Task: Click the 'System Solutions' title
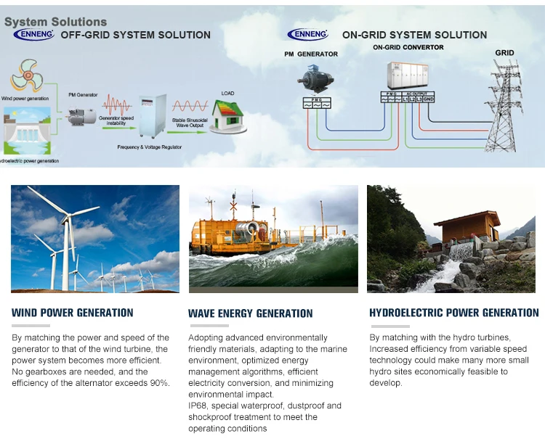[x=55, y=22]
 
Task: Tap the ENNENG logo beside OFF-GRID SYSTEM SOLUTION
[x=33, y=35]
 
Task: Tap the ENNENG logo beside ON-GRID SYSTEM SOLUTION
[x=307, y=34]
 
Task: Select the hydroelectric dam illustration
[x=27, y=133]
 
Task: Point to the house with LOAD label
[x=228, y=115]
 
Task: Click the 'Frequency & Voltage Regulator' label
[x=150, y=147]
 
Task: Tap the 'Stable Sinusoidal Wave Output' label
[x=191, y=123]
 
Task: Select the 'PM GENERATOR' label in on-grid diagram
[x=311, y=54]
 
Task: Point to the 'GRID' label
[x=504, y=53]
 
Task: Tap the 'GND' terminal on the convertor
[x=429, y=99]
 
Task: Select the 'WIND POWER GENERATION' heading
[x=73, y=313]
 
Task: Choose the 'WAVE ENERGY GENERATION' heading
[x=250, y=313]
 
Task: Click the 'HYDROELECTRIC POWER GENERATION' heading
[x=454, y=313]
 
